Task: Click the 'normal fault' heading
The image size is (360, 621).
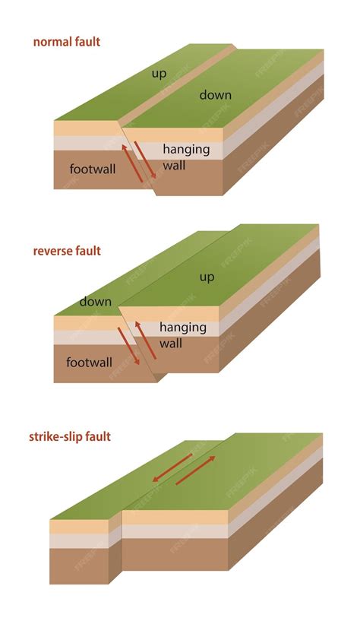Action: click(67, 43)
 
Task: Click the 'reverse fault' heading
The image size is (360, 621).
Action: click(67, 251)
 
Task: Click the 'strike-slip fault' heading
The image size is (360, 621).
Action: click(70, 436)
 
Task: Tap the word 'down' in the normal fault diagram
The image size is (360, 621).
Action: click(215, 95)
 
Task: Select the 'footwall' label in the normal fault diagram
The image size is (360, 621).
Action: click(92, 169)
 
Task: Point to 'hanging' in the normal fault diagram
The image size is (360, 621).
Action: click(186, 149)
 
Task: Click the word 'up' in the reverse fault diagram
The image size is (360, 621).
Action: click(207, 277)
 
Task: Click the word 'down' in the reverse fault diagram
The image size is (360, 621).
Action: click(96, 302)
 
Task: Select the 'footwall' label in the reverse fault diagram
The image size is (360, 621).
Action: click(89, 362)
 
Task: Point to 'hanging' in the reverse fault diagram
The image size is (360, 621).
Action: click(183, 328)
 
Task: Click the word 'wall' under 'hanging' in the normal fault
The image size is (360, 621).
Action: click(175, 165)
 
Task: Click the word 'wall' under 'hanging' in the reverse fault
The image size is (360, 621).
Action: click(171, 344)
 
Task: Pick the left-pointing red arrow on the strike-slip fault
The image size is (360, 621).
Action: click(170, 469)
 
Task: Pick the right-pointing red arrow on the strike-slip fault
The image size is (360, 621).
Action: click(195, 470)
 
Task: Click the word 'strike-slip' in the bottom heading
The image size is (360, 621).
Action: click(57, 436)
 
